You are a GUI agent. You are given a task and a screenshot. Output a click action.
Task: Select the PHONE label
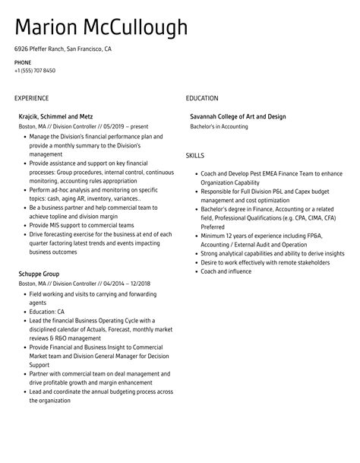(x=22, y=62)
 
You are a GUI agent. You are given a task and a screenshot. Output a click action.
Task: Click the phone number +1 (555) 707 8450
(x=34, y=70)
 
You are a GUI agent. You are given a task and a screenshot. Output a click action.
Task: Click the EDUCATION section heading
(x=202, y=98)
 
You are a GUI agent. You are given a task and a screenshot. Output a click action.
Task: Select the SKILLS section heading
(x=195, y=155)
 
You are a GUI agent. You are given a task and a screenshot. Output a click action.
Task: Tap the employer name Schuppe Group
(x=39, y=273)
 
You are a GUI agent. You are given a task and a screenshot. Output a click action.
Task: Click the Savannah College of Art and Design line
(x=238, y=116)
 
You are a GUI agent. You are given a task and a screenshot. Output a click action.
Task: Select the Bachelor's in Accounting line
(x=218, y=126)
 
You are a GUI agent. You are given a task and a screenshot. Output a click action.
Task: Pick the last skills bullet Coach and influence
(x=226, y=270)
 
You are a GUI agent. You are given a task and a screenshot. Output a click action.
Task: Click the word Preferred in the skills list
(x=213, y=225)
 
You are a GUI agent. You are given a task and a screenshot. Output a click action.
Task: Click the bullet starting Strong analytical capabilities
(x=268, y=252)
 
